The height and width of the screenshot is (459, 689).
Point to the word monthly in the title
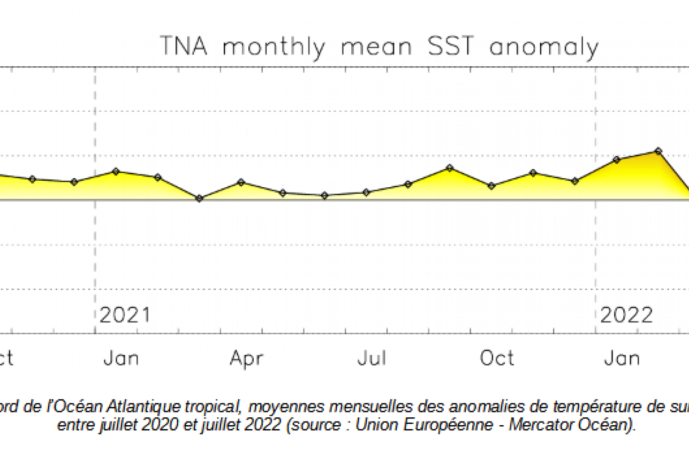[x=274, y=48]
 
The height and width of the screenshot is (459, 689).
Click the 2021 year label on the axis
[x=125, y=315]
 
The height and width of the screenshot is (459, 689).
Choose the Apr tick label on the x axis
[x=247, y=358]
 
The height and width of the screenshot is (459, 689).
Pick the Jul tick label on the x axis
[x=372, y=358]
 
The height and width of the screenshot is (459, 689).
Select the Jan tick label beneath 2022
[x=622, y=358]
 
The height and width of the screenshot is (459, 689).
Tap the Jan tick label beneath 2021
[x=122, y=358]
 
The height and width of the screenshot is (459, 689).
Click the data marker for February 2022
[x=658, y=151]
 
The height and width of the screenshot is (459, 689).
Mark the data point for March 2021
[x=199, y=198]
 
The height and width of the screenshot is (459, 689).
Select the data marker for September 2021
[x=450, y=168]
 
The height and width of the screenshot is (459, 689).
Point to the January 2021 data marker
[x=116, y=172]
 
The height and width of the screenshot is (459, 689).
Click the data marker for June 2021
[x=324, y=196]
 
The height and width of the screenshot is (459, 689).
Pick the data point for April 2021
[x=241, y=182]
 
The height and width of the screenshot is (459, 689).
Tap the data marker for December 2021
[x=575, y=181]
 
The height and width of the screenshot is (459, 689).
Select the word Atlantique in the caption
[x=149, y=406]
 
